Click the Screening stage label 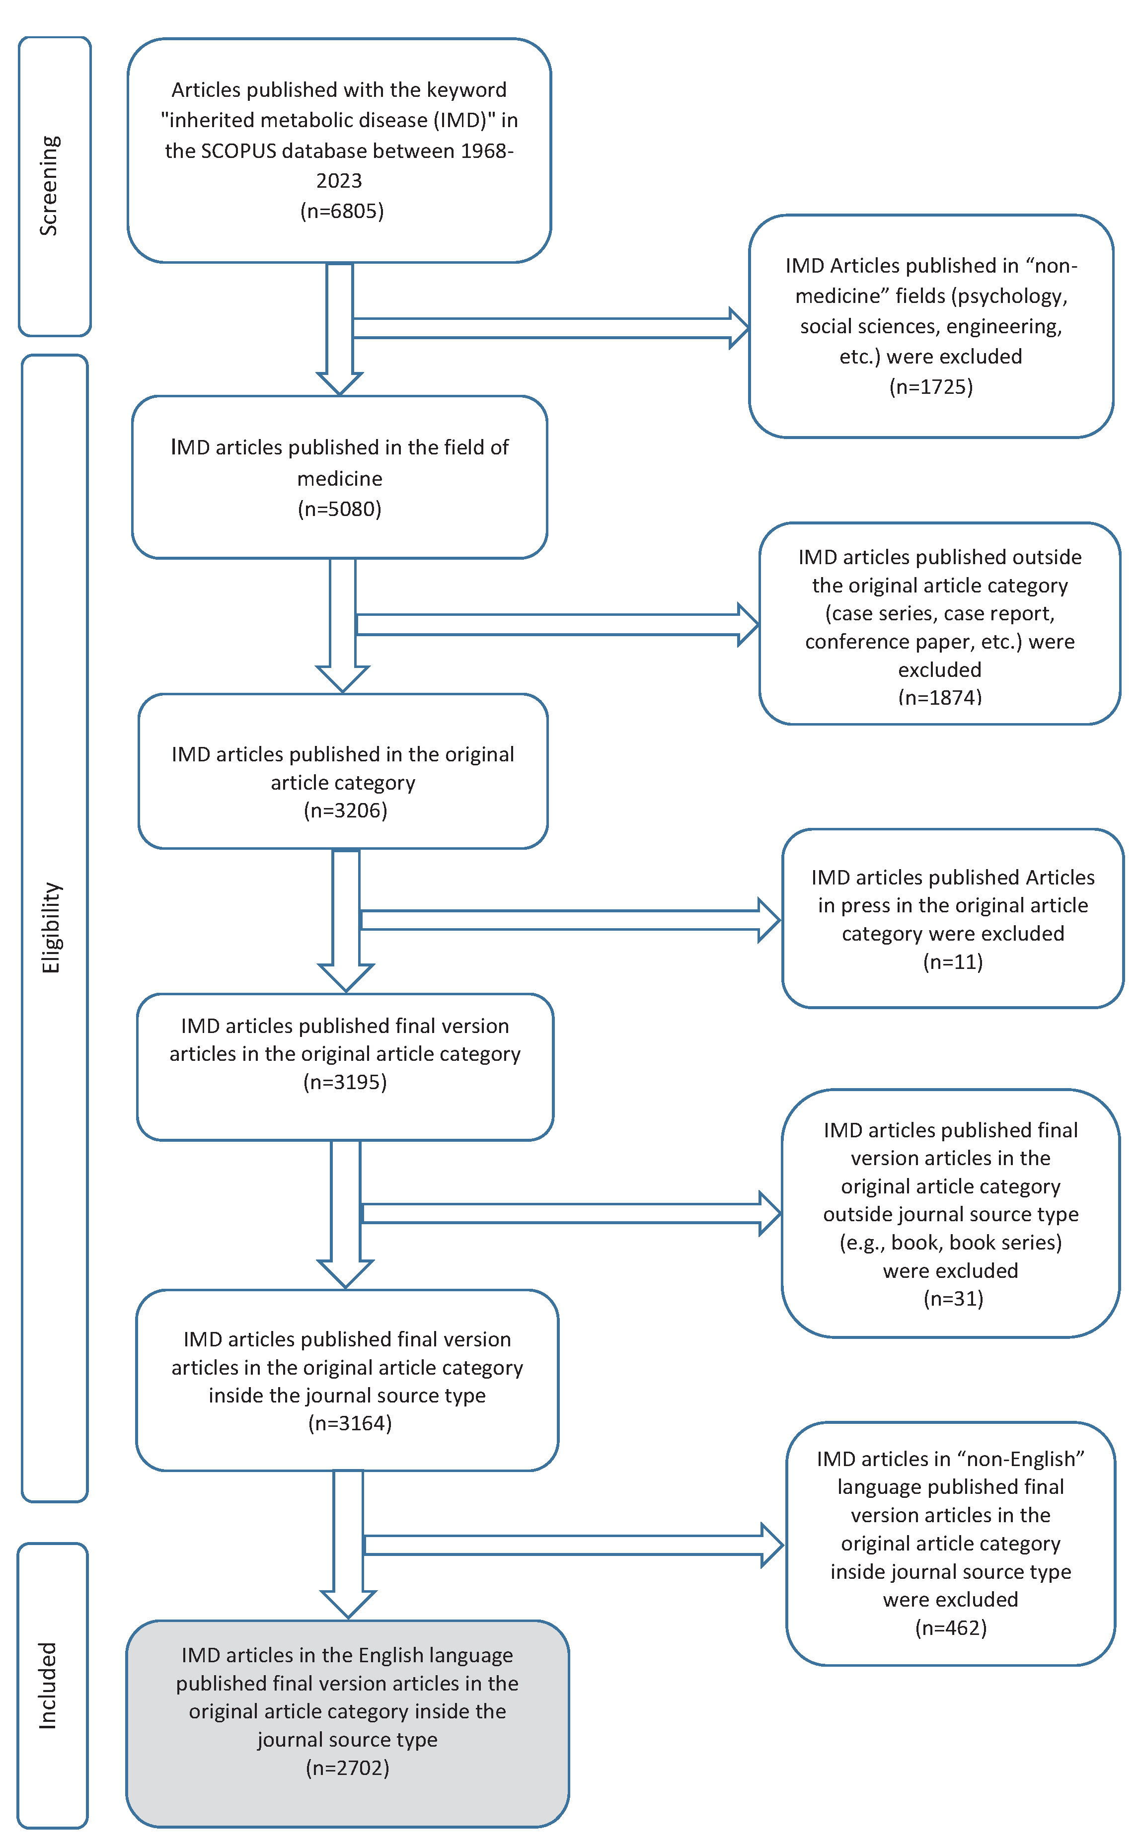50,186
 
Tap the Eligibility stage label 51,927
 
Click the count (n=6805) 342,211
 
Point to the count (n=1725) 931,387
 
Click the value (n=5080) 339,510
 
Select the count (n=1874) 940,697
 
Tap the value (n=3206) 345,811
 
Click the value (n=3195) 345,1082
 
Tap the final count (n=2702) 348,1768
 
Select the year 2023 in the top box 339,181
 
